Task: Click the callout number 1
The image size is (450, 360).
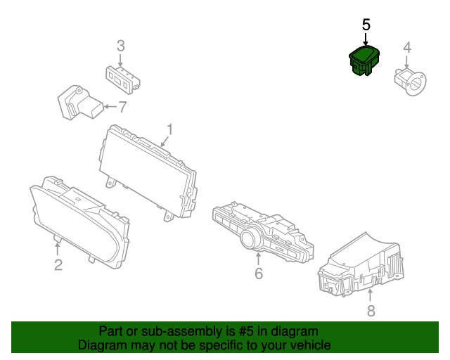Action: pos(169,129)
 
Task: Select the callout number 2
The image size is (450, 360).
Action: pos(58,264)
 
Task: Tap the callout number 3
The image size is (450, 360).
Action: pos(120,46)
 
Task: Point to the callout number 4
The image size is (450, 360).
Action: pos(406,48)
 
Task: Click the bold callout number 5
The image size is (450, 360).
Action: pos(366,25)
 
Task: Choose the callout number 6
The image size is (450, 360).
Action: pos(258,274)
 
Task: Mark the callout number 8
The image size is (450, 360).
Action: pos(371,310)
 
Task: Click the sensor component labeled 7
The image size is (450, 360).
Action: pos(79,104)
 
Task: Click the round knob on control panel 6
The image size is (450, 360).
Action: pos(250,240)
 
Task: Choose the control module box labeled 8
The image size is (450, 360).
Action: pos(362,267)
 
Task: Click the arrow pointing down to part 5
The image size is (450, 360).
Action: pos(366,39)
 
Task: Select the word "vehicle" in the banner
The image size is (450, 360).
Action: pos(307,345)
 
